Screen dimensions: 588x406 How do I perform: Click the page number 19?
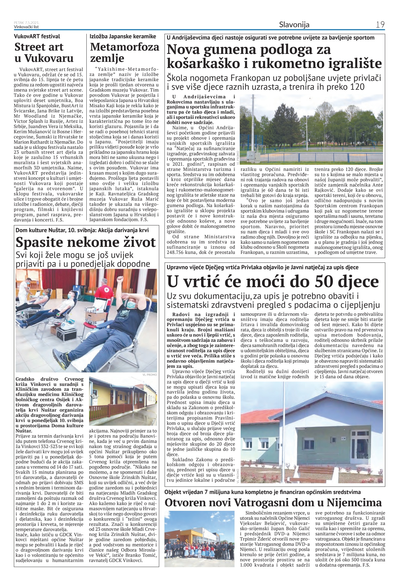tap(380, 24)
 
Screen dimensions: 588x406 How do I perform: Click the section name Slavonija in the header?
tap(294, 24)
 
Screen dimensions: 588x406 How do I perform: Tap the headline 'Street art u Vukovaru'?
tap(44, 52)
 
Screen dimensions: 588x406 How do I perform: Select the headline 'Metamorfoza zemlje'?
tap(124, 52)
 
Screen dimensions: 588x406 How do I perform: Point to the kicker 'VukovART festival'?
tap(37, 37)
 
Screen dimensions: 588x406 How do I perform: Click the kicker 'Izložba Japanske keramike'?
tap(123, 36)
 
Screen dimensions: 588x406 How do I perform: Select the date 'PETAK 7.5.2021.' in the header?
tap(27, 23)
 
